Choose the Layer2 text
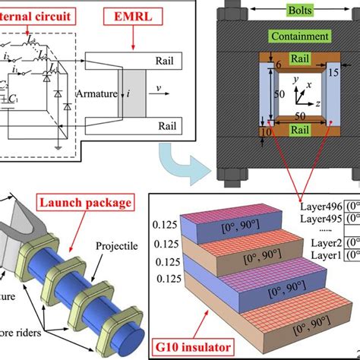[x=317, y=245]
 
